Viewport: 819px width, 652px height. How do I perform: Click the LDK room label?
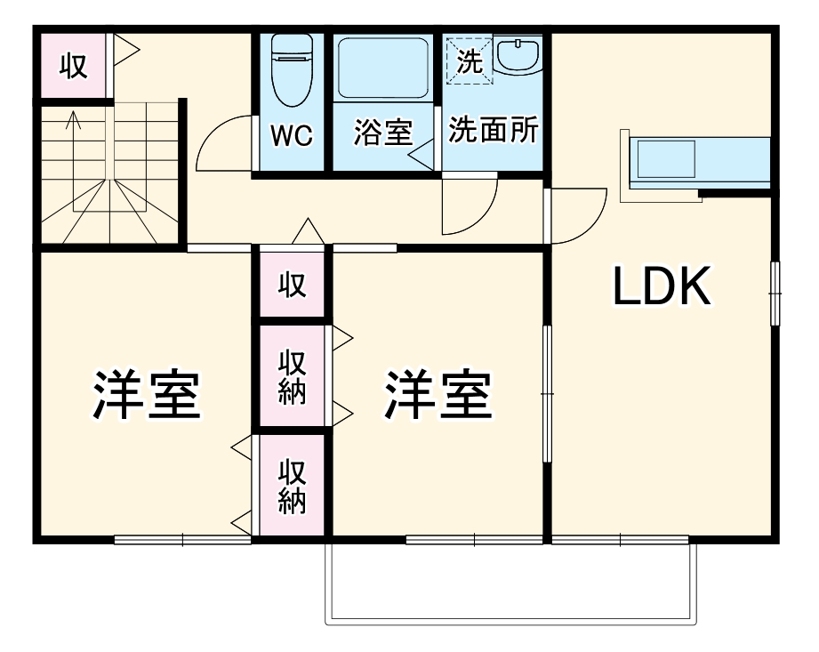[x=662, y=287]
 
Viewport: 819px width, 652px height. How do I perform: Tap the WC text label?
[x=292, y=135]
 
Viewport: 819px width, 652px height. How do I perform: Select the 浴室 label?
[x=383, y=133]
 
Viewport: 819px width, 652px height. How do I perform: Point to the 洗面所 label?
[x=493, y=131]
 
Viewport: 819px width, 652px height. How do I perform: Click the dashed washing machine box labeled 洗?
[x=469, y=61]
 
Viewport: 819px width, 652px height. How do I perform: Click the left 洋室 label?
[x=147, y=395]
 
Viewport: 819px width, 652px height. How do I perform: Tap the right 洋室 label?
[x=438, y=395]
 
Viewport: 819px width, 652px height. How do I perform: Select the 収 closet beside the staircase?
[x=74, y=65]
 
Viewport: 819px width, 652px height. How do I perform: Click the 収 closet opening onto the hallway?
[x=292, y=285]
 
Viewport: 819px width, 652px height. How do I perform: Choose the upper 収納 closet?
[x=292, y=378]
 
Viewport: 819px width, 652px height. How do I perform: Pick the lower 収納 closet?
[x=292, y=487]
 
